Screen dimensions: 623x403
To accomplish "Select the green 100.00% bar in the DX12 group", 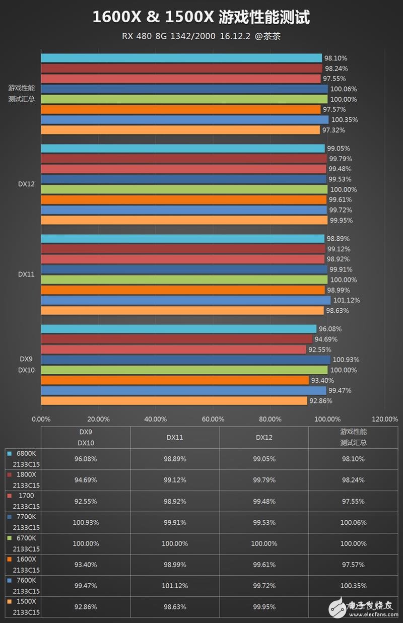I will (184, 189).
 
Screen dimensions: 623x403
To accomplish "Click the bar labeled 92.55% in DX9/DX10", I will (173, 350).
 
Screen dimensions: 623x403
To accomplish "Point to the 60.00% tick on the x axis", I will (213, 419).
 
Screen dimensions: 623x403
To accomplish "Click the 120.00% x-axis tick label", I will (384, 419).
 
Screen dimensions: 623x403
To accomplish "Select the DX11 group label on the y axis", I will (26, 274).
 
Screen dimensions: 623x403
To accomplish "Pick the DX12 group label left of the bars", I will (26, 184).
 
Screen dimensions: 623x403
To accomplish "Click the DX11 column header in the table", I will (175, 438).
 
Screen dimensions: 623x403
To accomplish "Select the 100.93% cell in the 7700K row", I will (86, 523).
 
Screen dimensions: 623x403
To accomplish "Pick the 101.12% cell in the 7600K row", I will (175, 586).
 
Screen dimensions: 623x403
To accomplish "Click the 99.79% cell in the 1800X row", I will (264, 480).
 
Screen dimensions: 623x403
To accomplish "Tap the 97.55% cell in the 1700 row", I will (353, 501).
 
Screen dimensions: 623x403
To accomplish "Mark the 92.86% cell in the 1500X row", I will (86, 607).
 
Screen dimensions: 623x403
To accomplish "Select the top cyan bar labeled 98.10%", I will (181, 58).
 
